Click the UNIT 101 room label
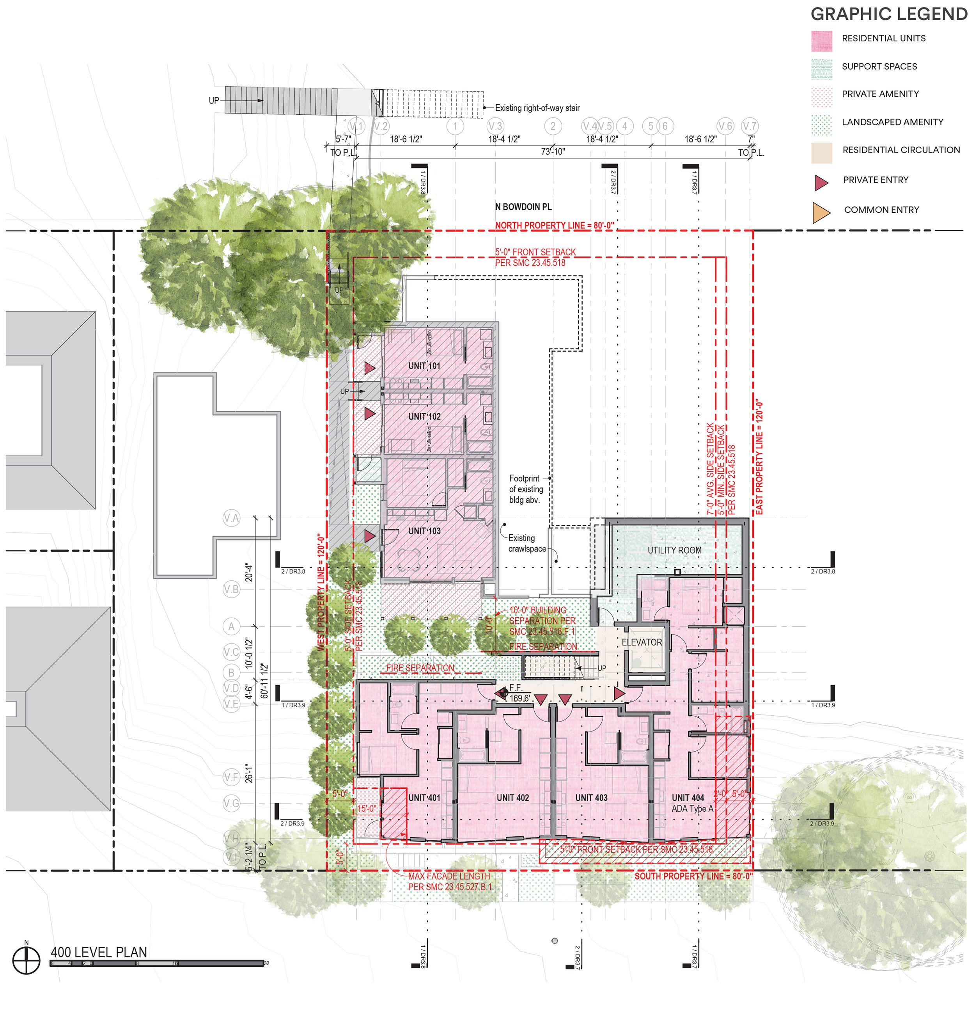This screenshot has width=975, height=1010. point(424,366)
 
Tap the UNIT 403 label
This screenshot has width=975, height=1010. point(591,798)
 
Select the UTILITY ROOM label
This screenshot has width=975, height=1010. point(674,550)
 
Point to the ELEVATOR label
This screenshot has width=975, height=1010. point(641,643)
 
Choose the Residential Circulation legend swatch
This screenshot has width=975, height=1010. point(821,153)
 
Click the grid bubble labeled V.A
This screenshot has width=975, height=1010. point(231,518)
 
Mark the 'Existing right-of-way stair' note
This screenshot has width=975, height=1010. point(537,108)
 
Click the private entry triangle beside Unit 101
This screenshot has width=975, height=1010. point(369,368)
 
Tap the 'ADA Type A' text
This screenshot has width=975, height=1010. point(692,809)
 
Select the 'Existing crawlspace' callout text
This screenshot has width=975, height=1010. point(526,544)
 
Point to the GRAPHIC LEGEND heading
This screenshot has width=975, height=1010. point(889,14)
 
